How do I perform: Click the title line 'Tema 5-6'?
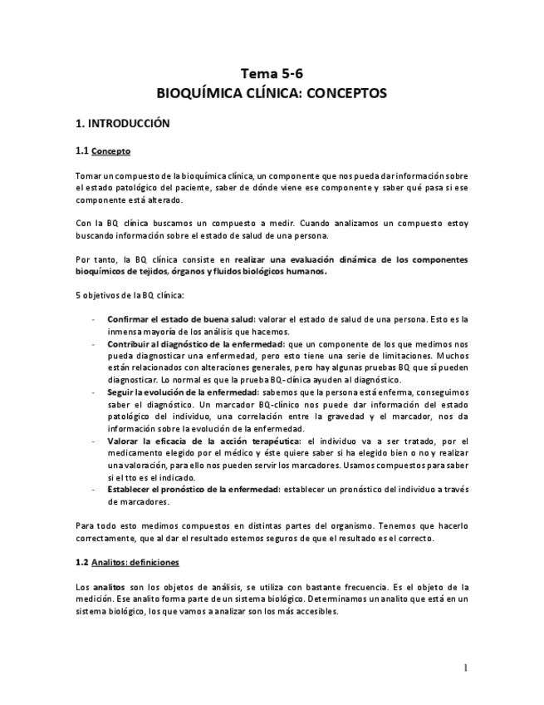coord(272,73)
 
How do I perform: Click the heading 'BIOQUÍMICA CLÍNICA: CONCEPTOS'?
coord(272,93)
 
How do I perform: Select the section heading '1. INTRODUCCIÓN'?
coord(122,124)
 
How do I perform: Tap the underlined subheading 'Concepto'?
coord(110,151)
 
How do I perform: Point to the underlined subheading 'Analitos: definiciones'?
coord(135,563)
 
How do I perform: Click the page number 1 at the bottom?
coord(466,668)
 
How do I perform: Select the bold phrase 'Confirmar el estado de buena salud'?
coord(180,319)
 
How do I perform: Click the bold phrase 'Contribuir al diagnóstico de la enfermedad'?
coord(194,343)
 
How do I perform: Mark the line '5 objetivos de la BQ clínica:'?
coord(130,295)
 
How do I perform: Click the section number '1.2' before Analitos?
coord(82,563)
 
